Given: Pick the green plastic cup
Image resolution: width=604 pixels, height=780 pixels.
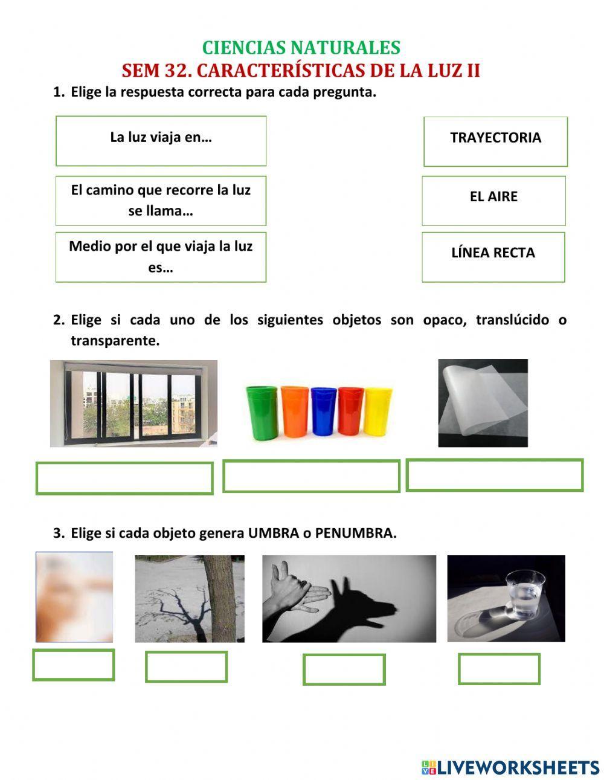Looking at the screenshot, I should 262,411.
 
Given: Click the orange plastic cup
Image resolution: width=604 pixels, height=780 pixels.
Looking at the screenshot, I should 295,411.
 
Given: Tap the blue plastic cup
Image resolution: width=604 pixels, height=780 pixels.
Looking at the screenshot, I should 323,411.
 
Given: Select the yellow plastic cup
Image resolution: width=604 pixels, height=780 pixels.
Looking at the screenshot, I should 378,411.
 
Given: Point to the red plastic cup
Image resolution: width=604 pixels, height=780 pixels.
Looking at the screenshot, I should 350,411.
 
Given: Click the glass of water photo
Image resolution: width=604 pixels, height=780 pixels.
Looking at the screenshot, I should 506,598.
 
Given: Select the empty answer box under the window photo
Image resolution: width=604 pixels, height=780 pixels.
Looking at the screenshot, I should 124,478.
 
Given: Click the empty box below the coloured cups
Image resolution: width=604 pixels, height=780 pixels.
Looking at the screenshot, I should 311,476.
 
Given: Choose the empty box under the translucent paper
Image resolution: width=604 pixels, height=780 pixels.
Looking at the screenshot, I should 494,475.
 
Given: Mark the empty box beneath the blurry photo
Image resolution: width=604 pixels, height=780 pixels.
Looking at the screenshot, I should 74,665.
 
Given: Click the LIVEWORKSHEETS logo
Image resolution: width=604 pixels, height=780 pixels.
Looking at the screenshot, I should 510,767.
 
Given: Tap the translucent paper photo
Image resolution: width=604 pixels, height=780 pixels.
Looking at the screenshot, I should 483,403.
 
